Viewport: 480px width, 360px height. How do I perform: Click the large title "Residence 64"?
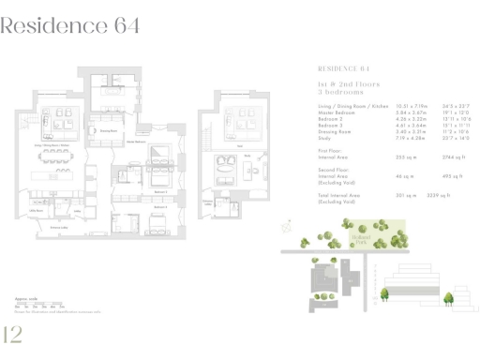pyautogui.click(x=71, y=25)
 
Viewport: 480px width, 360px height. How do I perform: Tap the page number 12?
pyautogui.click(x=14, y=335)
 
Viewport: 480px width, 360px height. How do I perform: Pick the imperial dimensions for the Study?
pyautogui.click(x=456, y=137)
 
